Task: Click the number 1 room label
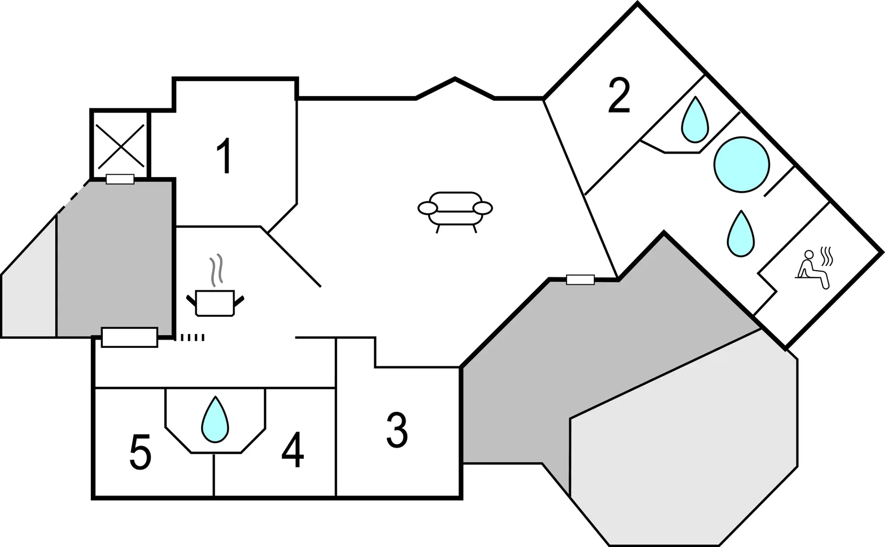(224, 157)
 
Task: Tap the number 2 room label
(619, 95)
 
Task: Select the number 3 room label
(397, 430)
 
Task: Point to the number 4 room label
(293, 450)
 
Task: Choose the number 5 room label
(141, 452)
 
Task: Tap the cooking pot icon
(215, 303)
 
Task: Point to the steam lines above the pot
(216, 269)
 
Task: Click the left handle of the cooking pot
(191, 301)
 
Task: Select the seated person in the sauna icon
(813, 270)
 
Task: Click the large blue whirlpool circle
(742, 165)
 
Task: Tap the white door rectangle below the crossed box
(120, 179)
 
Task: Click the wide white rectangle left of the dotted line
(130, 337)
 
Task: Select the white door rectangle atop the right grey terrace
(580, 279)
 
